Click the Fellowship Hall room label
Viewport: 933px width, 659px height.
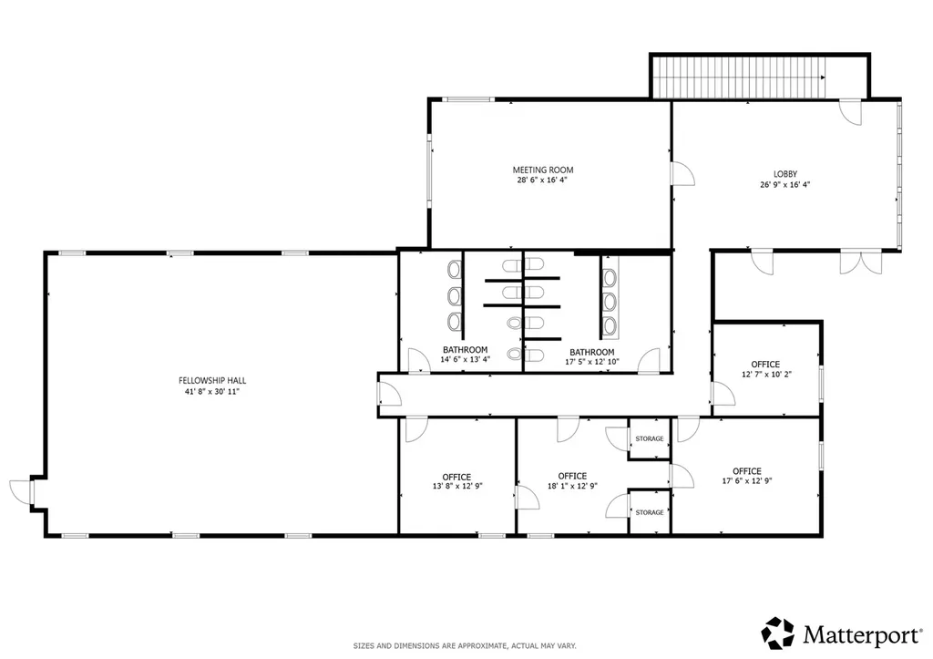coord(212,380)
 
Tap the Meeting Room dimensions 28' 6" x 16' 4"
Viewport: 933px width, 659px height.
coord(542,180)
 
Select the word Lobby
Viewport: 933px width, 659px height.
coord(784,174)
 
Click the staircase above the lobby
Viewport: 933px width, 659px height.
coord(739,77)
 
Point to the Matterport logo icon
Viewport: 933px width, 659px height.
coord(778,633)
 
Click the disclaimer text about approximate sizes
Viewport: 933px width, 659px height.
coord(465,646)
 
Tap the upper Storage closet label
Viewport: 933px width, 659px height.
coord(649,438)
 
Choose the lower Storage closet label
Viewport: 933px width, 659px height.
coord(649,512)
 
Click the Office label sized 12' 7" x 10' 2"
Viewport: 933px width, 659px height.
coord(765,365)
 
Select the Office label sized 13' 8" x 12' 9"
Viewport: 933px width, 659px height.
coord(456,478)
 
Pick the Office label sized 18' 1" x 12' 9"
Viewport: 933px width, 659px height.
coord(572,476)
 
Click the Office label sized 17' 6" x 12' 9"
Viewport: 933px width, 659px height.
coord(747,471)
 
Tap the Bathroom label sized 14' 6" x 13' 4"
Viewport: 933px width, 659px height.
coord(465,350)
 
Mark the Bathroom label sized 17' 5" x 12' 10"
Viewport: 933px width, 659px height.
coord(592,353)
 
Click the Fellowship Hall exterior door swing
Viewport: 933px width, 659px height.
coord(20,491)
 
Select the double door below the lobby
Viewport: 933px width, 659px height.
coord(860,263)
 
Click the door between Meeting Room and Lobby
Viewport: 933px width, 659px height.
coord(683,174)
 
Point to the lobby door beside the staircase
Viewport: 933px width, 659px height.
coord(851,112)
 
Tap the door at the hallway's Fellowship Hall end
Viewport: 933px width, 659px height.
coord(390,394)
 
